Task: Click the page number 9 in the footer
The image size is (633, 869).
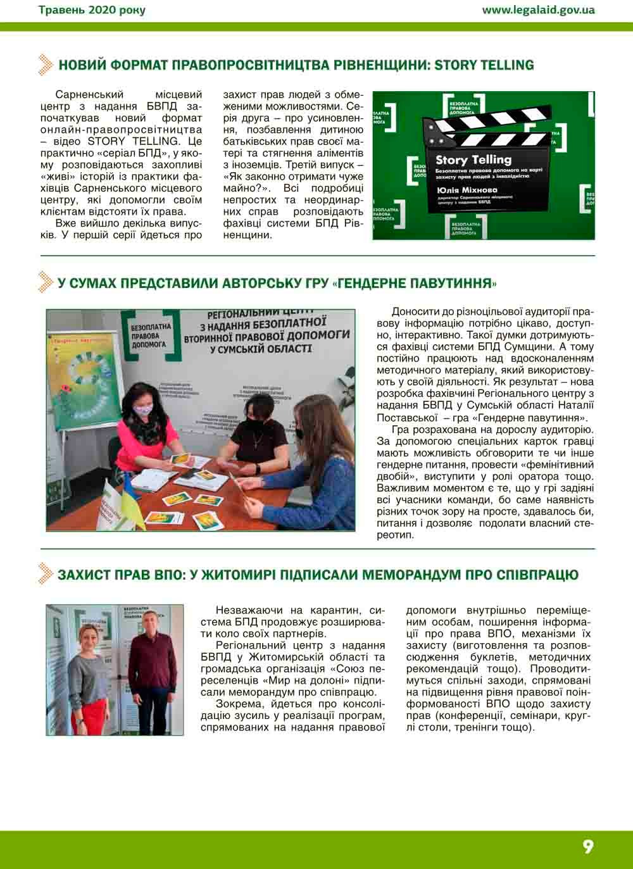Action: pyautogui.click(x=588, y=847)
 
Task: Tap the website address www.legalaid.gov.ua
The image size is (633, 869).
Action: pyautogui.click(x=538, y=9)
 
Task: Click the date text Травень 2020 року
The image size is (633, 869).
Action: pyautogui.click(x=92, y=9)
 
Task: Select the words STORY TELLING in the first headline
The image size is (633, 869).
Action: pyautogui.click(x=484, y=65)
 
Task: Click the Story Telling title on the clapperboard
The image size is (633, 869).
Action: pyautogui.click(x=473, y=160)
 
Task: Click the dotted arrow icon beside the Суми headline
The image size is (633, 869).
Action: pyautogui.click(x=45, y=282)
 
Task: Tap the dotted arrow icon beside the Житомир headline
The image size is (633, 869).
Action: pyautogui.click(x=45, y=573)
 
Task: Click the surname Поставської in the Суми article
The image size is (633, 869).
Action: pyautogui.click(x=408, y=418)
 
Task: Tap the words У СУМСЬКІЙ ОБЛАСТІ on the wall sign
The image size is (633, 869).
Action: pyautogui.click(x=260, y=349)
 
